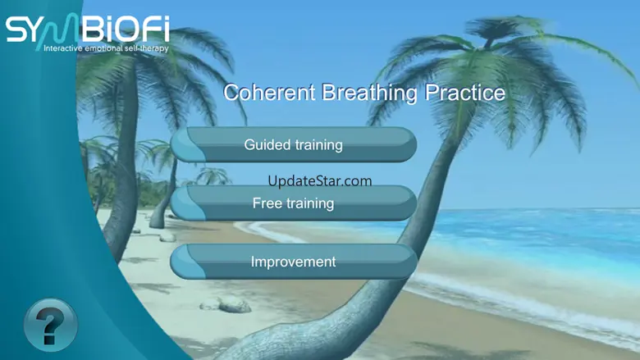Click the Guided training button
click(x=294, y=144)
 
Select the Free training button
click(x=294, y=203)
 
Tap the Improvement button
click(x=294, y=262)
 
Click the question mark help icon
click(x=51, y=325)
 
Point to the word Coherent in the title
click(x=269, y=92)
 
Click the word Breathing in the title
click(x=370, y=93)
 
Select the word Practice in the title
click(x=465, y=92)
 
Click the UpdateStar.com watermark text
click(x=320, y=180)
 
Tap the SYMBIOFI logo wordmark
click(x=87, y=29)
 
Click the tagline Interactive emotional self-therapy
click(x=106, y=48)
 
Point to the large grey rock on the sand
click(x=235, y=304)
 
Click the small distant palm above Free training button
click(x=213, y=176)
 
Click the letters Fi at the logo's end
click(x=157, y=29)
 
